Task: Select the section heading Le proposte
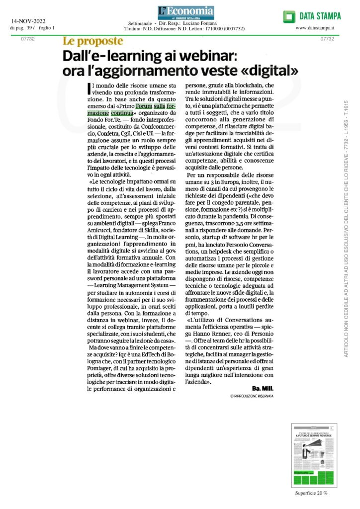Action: click(x=92, y=41)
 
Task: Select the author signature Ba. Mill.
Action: click(x=263, y=388)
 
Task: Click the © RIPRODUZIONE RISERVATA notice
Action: click(x=252, y=396)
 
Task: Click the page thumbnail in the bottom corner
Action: click(x=314, y=455)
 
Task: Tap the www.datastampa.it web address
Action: click(x=314, y=28)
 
